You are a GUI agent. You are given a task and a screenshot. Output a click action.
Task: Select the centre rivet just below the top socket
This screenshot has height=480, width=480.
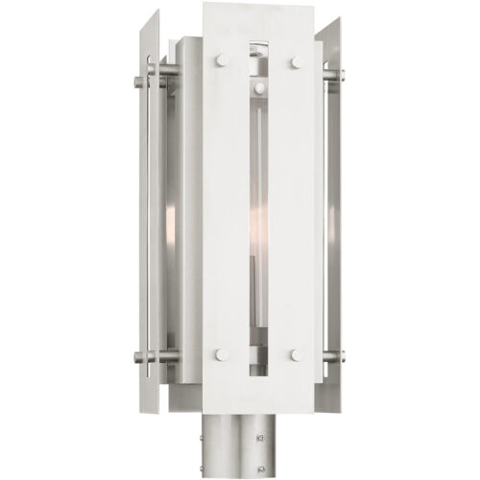point(257,88)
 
